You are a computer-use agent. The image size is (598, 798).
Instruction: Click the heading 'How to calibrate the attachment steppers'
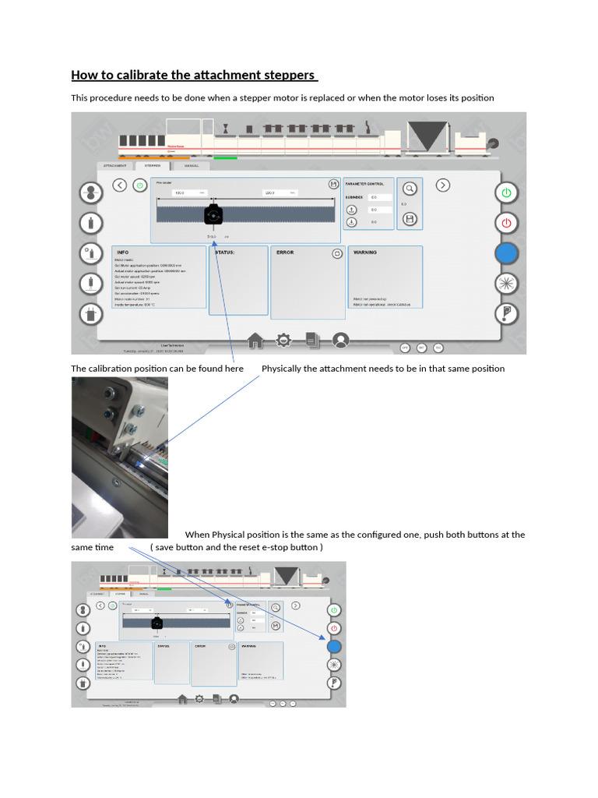pos(194,76)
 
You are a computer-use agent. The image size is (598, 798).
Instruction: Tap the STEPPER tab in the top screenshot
pos(153,166)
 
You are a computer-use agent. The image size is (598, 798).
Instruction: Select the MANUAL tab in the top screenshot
pos(192,166)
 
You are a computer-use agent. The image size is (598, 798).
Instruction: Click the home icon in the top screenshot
pos(255,341)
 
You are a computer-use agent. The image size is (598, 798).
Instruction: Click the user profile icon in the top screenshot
pos(340,341)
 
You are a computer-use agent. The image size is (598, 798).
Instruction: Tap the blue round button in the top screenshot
pos(506,252)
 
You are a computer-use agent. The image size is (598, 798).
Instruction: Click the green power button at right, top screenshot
pos(506,192)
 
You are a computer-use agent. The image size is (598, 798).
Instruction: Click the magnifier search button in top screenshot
pos(410,188)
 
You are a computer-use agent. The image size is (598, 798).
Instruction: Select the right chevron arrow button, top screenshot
pos(442,185)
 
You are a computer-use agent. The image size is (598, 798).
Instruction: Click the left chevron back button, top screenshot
pos(119,185)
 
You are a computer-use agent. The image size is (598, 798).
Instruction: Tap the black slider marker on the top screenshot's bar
pos(213,215)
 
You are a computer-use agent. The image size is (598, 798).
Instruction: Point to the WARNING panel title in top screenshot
pos(365,252)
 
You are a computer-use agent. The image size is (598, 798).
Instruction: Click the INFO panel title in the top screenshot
pos(122,252)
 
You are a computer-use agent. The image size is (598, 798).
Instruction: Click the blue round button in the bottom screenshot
pos(333,646)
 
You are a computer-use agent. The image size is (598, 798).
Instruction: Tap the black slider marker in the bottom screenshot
pos(157,623)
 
